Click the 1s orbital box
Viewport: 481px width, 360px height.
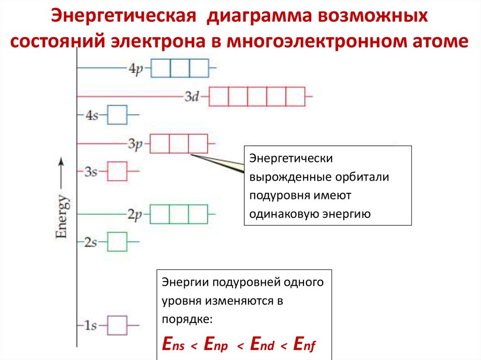117,325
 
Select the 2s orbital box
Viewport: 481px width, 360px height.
117,242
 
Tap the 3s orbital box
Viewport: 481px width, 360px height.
117,171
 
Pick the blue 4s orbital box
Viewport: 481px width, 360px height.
117,115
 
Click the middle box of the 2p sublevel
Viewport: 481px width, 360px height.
178,214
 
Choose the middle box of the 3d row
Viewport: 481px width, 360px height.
257,97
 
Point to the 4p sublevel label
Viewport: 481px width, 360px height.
135,69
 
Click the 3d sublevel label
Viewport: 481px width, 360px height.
192,97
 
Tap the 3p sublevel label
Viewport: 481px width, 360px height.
135,144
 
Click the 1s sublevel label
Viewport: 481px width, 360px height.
90,325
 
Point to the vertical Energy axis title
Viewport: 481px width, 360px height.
62,216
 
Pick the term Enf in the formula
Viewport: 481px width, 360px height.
303,344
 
